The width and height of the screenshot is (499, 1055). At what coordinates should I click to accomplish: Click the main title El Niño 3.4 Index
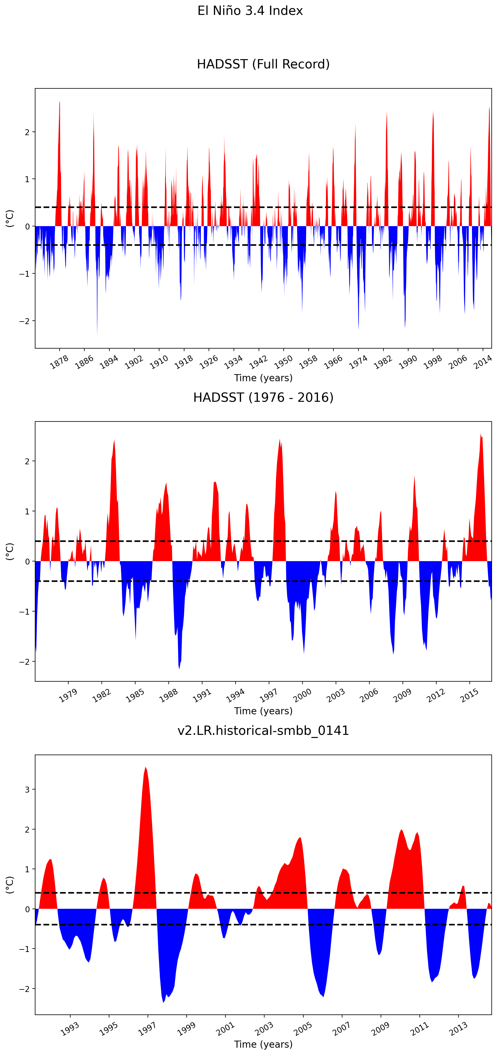coord(250,11)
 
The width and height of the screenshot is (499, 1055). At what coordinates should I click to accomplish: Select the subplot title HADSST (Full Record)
coord(263,64)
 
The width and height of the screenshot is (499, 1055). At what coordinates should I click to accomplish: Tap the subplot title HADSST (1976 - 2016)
coord(263,397)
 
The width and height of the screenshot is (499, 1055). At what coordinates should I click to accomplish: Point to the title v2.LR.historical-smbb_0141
coord(263,730)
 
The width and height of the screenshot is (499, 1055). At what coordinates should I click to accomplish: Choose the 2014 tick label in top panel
coord(483,362)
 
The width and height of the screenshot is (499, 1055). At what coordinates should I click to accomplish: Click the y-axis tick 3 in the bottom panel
coord(27,789)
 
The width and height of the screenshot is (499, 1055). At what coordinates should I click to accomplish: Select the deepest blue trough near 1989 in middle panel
coord(179,668)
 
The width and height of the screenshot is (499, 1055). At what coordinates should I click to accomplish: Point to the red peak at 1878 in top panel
coord(60,102)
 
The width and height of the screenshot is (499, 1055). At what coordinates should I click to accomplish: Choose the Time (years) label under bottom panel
coord(263,1044)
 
